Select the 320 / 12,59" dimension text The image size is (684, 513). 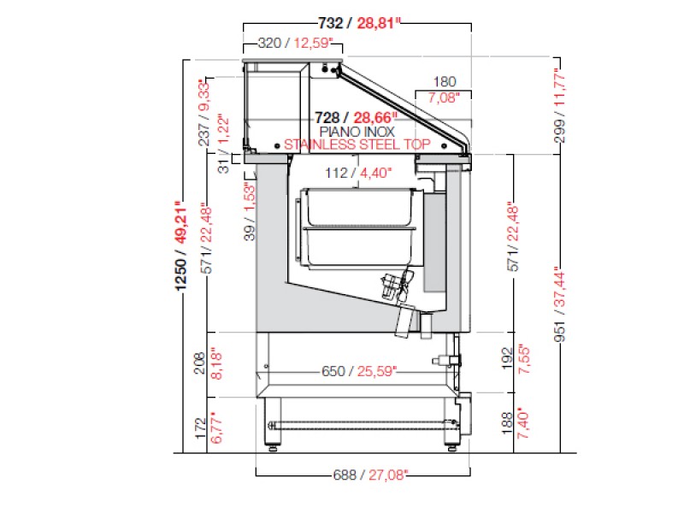(295, 44)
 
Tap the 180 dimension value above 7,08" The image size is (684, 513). (444, 81)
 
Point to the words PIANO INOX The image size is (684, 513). (357, 132)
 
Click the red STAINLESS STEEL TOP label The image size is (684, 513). (357, 144)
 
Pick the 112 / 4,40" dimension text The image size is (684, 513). (358, 174)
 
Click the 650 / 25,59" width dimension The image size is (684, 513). (359, 371)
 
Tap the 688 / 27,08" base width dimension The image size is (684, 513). (371, 475)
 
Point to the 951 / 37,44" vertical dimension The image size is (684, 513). (559, 304)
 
